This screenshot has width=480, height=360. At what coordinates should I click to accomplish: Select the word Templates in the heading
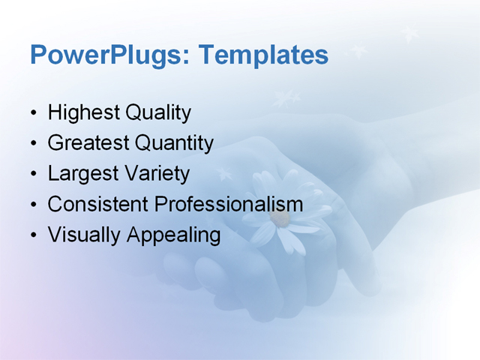click(265, 55)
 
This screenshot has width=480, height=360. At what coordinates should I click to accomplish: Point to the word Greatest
click(88, 143)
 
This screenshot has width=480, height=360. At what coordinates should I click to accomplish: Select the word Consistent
click(99, 204)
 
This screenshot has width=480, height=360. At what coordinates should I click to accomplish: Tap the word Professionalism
click(229, 204)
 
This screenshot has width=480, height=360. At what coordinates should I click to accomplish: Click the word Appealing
click(174, 235)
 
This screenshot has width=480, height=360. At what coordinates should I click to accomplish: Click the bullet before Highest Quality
click(33, 115)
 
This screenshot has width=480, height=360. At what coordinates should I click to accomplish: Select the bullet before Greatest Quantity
click(33, 145)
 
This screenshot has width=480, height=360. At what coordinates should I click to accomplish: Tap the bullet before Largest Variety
click(33, 175)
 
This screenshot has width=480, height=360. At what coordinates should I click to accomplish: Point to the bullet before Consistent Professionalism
click(33, 205)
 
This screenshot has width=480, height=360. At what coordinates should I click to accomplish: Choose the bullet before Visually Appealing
click(33, 236)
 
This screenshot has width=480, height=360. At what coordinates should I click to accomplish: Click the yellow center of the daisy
click(280, 218)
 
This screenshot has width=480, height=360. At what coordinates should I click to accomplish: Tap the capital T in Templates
click(211, 55)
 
